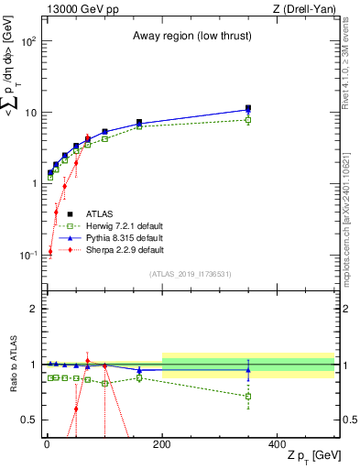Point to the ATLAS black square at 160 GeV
139,122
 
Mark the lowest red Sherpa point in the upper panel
49,251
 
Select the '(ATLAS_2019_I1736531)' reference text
190,274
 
